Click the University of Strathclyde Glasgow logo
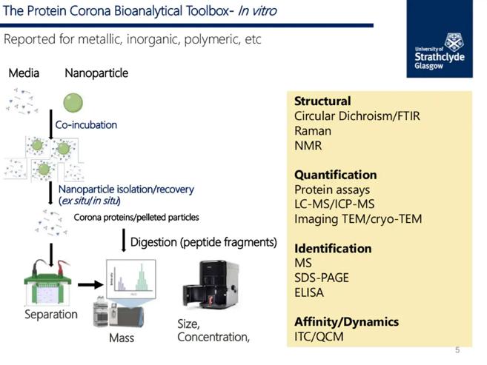click(x=444, y=51)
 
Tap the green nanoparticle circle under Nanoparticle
click(x=73, y=102)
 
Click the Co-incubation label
click(x=86, y=124)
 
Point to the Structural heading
click(x=322, y=101)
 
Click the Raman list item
click(x=312, y=130)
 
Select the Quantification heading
click(x=335, y=175)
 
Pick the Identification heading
click(x=333, y=248)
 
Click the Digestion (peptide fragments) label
click(x=204, y=242)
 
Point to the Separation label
click(x=50, y=314)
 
